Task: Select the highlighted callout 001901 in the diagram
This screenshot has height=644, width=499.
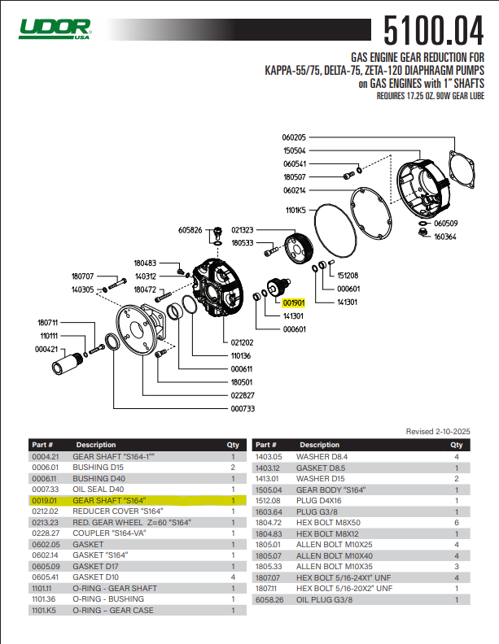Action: coord(294,302)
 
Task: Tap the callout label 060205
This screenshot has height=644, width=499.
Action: coord(294,137)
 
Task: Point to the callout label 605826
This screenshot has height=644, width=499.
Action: coord(190,230)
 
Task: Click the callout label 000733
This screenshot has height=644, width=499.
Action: coord(243,408)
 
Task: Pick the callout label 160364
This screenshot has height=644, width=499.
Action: coord(445,237)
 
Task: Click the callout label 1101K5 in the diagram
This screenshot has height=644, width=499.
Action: coord(295,210)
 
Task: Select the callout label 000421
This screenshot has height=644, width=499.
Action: coord(46,349)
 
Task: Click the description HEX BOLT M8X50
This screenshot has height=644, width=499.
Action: coord(328,523)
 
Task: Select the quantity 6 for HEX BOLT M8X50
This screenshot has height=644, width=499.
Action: coord(456,523)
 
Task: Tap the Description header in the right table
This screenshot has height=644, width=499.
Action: coord(319,446)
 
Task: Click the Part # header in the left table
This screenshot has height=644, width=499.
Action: coord(42,446)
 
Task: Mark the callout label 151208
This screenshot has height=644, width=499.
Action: coord(348,275)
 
